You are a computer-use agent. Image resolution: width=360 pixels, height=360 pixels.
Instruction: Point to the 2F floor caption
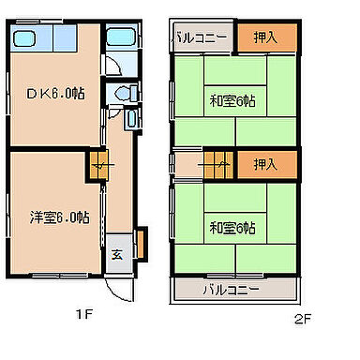click(301, 318)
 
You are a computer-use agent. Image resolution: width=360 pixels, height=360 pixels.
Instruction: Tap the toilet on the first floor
click(121, 96)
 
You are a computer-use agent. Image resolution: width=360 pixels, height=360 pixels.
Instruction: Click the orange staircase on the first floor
click(99, 167)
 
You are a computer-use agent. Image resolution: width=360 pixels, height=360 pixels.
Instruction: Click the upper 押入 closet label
click(266, 38)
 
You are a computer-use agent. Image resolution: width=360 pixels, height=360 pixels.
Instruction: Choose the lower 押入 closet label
click(266, 164)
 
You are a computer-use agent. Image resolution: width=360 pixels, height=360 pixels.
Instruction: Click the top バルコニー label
click(199, 38)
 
